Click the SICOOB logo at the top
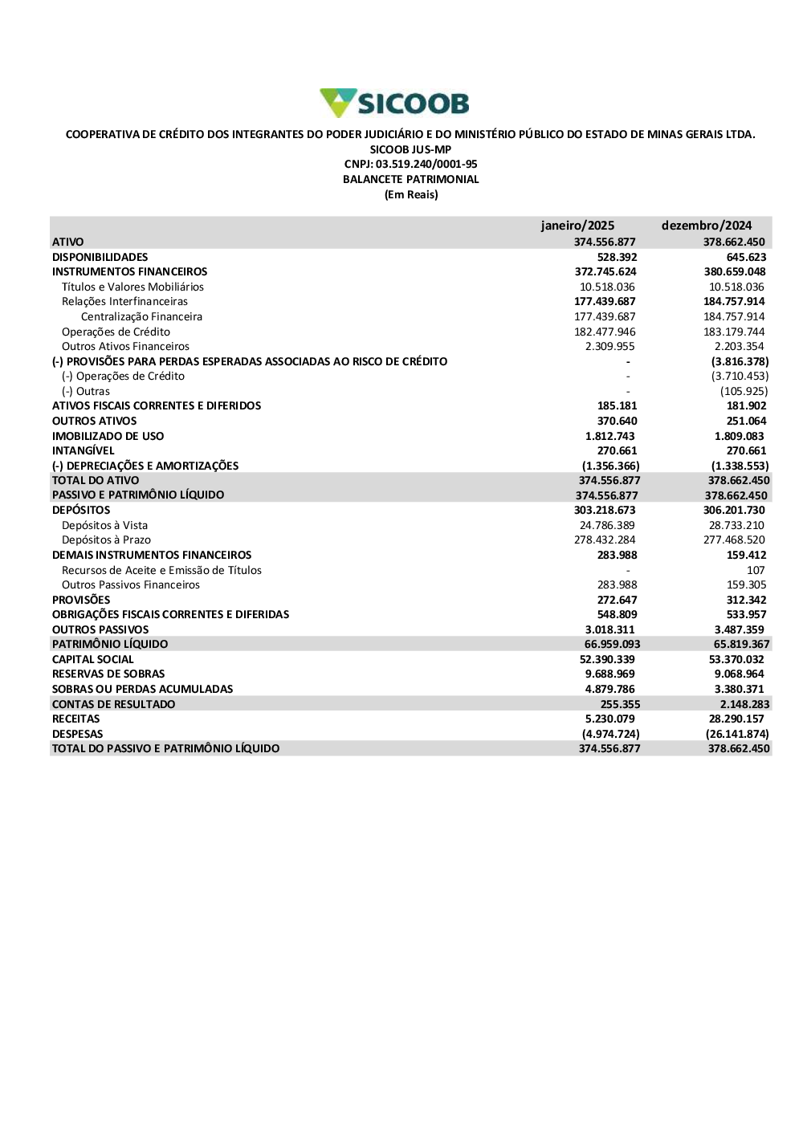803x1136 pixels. click(394, 103)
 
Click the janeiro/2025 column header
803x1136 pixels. click(577, 226)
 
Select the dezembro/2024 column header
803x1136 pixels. click(707, 226)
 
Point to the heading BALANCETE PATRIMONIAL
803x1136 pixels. click(410, 179)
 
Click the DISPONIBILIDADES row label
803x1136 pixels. click(100, 257)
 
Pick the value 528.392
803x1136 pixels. click(617, 257)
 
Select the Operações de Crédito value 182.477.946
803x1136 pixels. click(605, 332)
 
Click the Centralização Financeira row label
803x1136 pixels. click(141, 316)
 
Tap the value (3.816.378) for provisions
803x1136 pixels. click(740, 361)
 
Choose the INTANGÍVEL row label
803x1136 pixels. click(83, 450)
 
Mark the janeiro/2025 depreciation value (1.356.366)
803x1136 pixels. click(610, 466)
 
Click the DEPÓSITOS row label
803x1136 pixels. click(81, 510)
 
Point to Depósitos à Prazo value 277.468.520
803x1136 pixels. click(734, 539)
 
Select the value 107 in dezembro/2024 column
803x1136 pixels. click(756, 570)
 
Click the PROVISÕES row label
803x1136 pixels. click(81, 600)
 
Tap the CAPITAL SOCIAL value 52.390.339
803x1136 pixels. click(607, 659)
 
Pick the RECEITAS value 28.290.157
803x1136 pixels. click(736, 719)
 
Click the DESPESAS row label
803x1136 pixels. click(77, 734)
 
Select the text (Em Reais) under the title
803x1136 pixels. click(411, 194)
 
